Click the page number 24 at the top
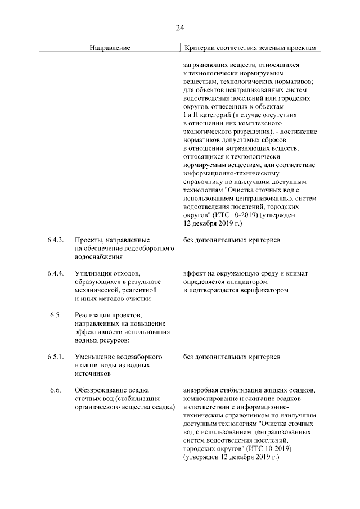click(x=180, y=28)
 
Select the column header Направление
click(x=110, y=48)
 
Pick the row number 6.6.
click(x=55, y=390)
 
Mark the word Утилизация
click(x=93, y=273)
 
